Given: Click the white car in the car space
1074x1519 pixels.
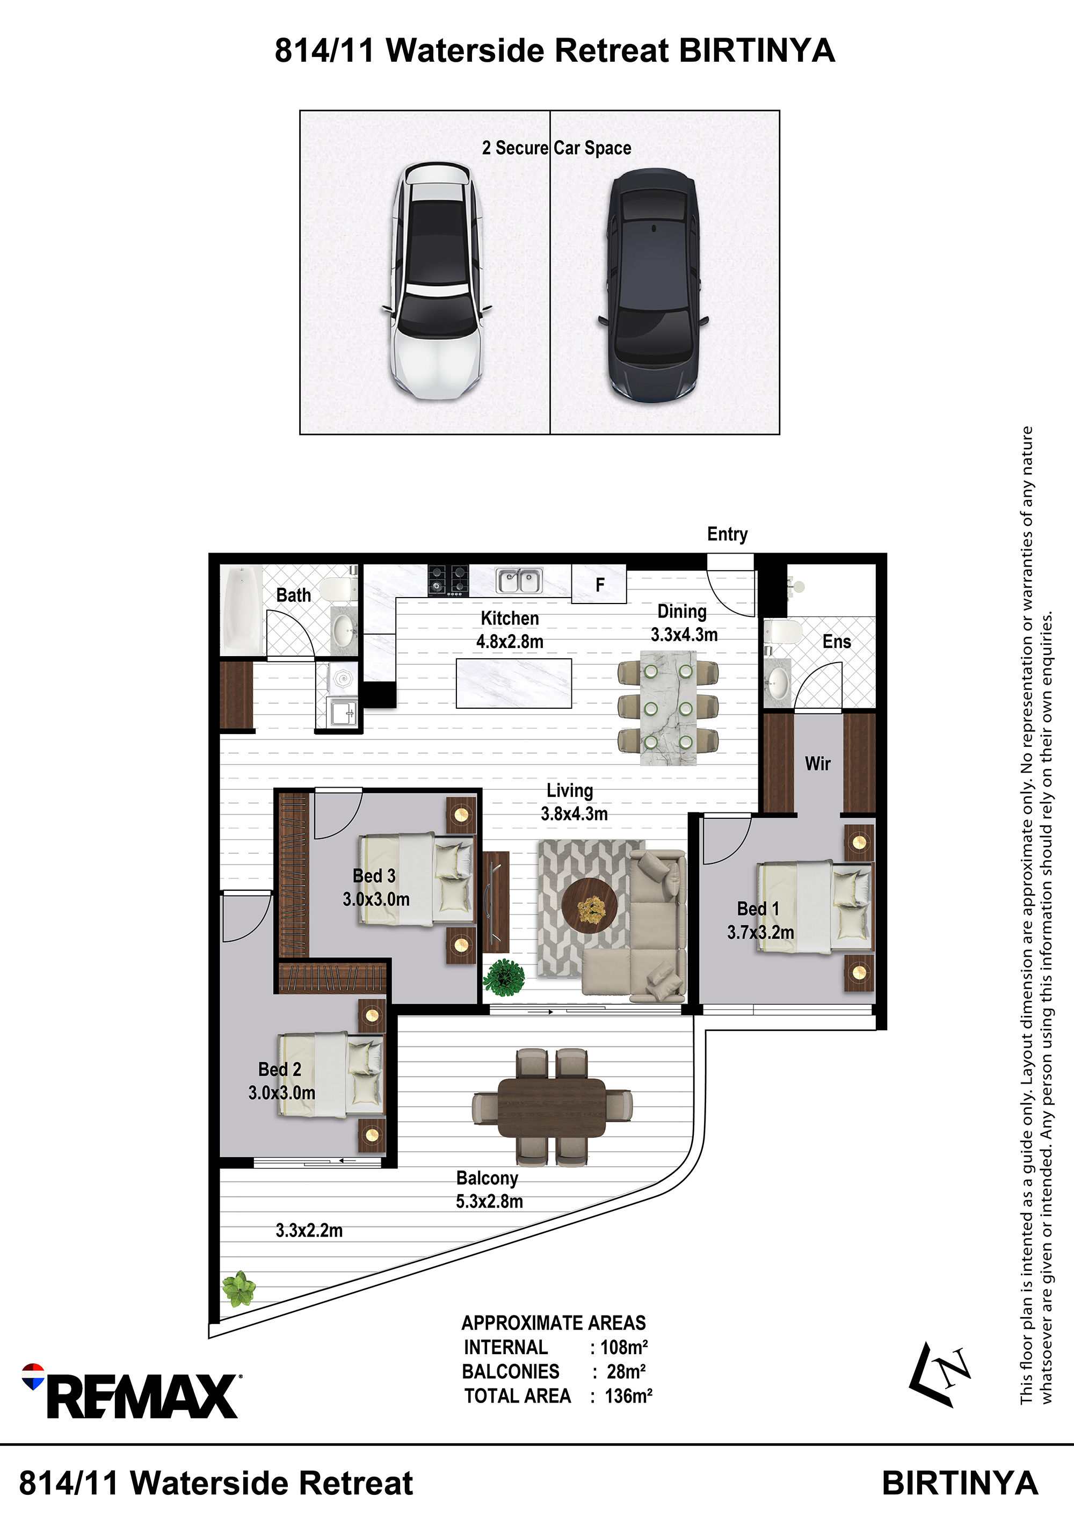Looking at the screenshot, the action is [436, 281].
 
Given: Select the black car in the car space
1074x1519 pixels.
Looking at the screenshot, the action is [653, 285].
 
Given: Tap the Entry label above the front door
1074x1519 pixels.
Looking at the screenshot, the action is [727, 534].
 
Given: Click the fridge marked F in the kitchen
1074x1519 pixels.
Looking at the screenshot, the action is [599, 584].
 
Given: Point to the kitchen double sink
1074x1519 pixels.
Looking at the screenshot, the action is [519, 581].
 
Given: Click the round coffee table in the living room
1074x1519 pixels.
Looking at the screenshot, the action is [590, 906].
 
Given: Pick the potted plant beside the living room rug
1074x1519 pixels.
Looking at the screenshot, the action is [504, 977].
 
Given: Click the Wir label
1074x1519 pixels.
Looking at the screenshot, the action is [818, 764].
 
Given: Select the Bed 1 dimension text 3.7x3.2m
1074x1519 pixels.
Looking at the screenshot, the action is [760, 932].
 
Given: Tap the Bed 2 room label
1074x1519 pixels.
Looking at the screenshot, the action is [279, 1069].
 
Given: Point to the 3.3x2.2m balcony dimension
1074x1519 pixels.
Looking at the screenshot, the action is [309, 1230].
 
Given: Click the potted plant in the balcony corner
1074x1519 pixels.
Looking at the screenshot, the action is [238, 1289].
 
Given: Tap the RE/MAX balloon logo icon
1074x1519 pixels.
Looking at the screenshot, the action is [33, 1376].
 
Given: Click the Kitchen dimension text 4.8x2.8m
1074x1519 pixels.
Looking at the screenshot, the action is [510, 641].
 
